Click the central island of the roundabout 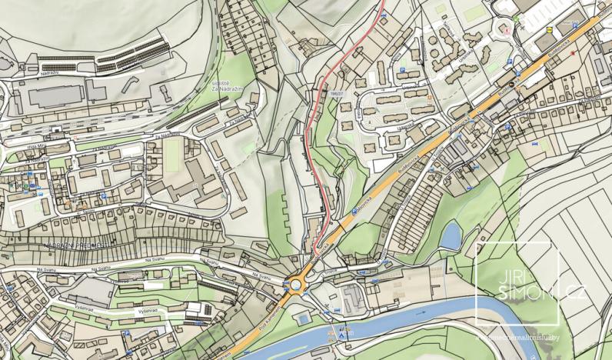[x=296, y=285]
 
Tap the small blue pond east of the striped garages [x=451, y=235]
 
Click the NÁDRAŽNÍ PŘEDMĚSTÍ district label [x=75, y=245]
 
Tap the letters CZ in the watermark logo [x=574, y=294]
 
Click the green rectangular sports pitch [x=171, y=154]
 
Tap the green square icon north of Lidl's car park [x=517, y=16]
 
